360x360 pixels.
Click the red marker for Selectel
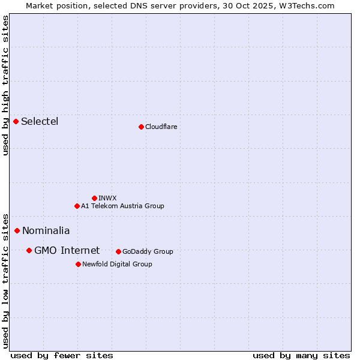16,121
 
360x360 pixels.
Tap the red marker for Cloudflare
141,127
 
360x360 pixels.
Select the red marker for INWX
94,198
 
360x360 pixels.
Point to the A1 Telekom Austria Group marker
77,206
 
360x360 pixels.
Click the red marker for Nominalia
17,230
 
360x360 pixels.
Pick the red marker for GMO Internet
29,250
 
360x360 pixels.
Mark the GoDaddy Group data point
118,251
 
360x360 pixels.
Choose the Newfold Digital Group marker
78,264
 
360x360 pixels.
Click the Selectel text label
40,121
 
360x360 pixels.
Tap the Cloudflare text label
161,127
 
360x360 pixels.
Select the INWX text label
107,198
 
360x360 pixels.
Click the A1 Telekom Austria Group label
122,206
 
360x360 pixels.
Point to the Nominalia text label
46,230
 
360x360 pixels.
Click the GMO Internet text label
67,250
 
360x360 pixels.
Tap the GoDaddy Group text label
148,251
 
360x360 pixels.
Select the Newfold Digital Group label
117,264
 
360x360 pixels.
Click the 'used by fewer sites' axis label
62,355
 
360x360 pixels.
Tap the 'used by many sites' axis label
301,355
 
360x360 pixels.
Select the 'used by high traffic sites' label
6,85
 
